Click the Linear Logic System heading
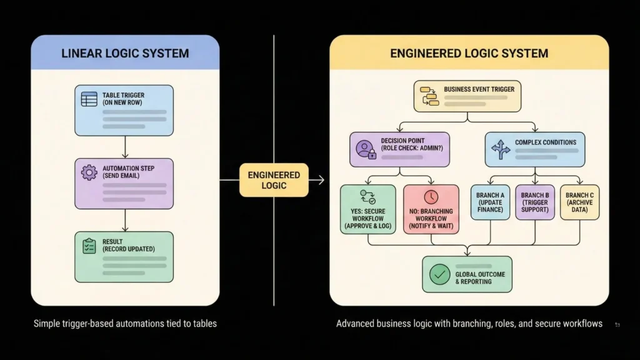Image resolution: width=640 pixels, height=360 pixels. (125, 53)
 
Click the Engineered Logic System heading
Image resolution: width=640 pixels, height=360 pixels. (469, 53)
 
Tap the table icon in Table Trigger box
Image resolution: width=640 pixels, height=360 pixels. (89, 99)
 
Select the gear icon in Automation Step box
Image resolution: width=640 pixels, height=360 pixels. (89, 172)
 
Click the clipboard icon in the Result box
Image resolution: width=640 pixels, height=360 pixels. (89, 246)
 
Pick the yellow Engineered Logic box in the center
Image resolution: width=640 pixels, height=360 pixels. (274, 180)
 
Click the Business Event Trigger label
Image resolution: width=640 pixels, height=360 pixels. (479, 89)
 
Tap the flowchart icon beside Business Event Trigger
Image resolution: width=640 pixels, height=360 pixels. (429, 96)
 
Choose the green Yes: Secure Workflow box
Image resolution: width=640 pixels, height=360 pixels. (367, 209)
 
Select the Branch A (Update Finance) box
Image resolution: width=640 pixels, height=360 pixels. (490, 202)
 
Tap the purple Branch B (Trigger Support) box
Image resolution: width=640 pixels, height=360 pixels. (534, 202)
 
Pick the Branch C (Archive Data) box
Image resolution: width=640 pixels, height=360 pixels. (579, 202)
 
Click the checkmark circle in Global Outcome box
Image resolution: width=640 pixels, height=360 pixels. (440, 274)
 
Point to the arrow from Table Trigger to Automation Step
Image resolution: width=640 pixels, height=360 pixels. (125, 147)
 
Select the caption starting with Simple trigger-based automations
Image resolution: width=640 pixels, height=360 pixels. (125, 323)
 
